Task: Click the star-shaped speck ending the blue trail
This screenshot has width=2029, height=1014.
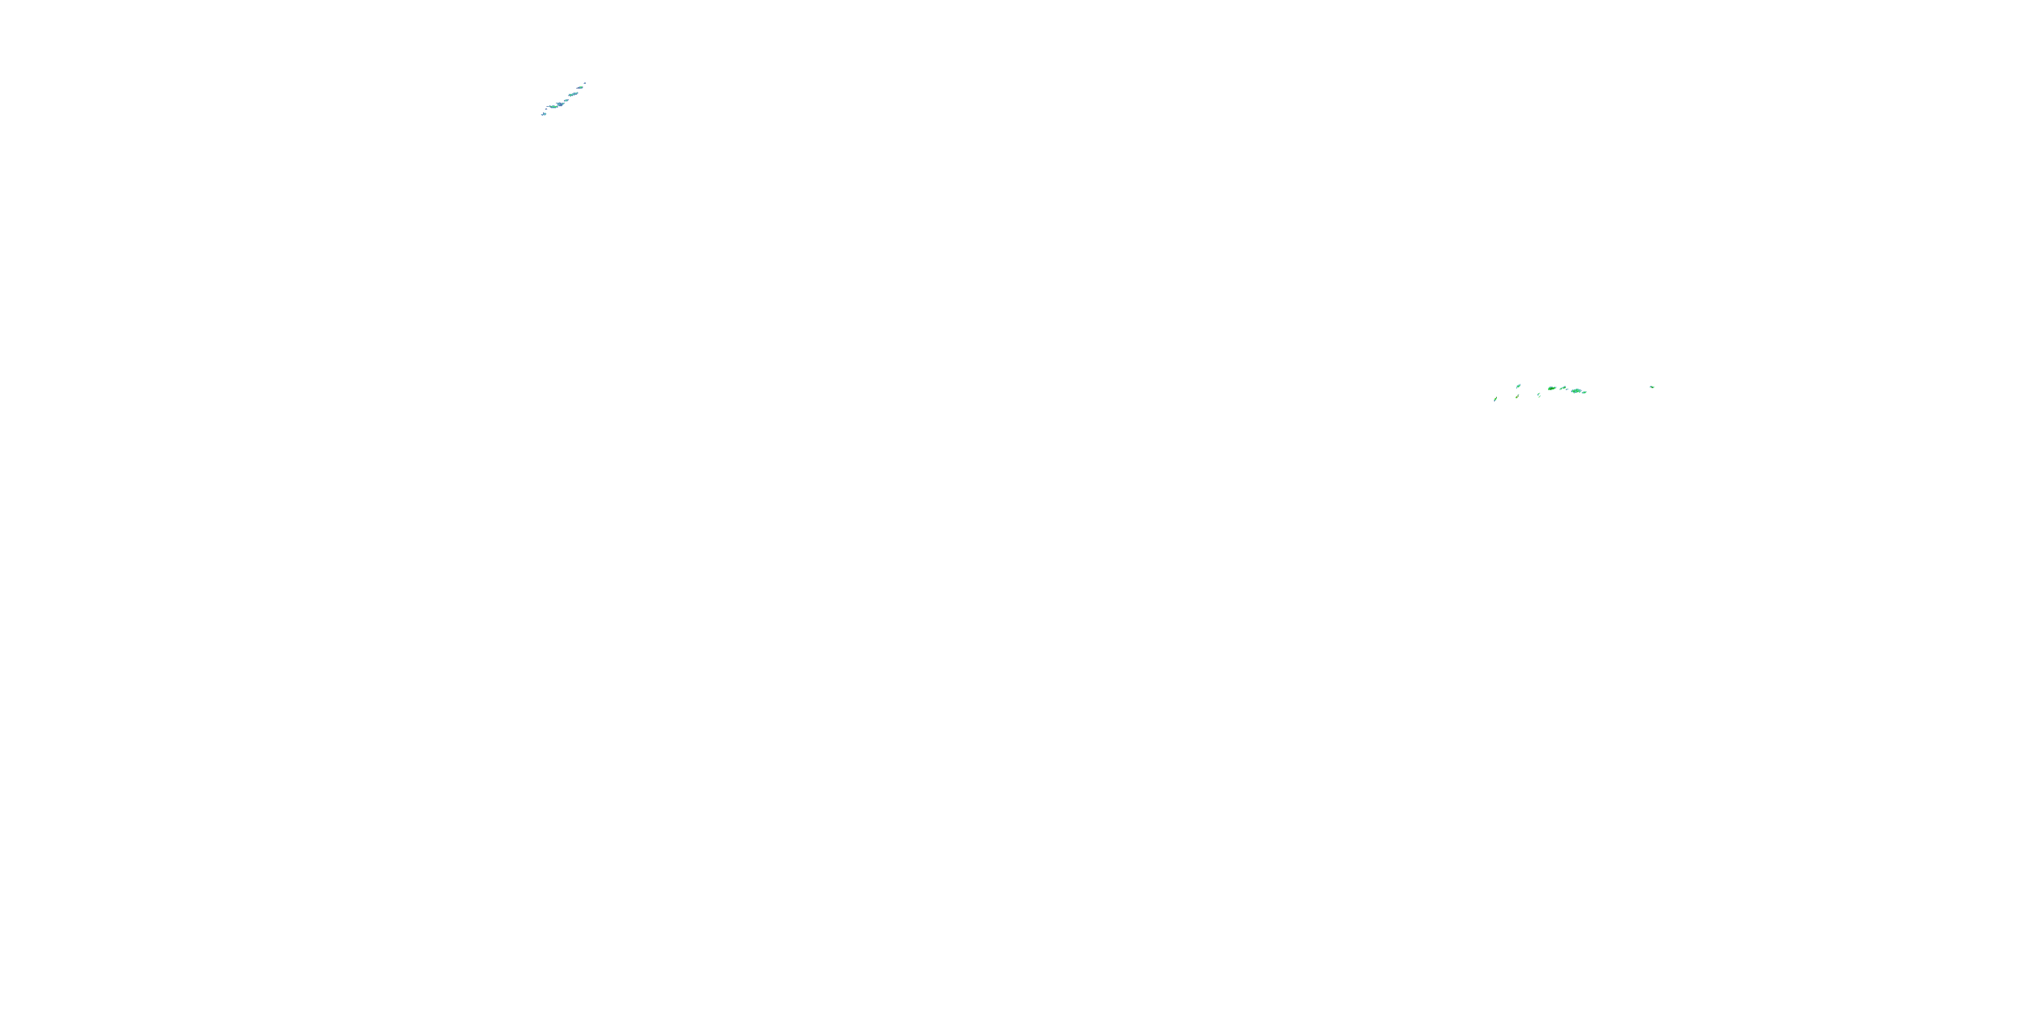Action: click(x=544, y=114)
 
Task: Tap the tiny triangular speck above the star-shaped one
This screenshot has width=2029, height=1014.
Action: click(x=546, y=110)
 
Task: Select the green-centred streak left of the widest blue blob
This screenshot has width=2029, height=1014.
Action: click(x=555, y=107)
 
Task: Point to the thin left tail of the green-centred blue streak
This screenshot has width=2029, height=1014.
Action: click(x=549, y=107)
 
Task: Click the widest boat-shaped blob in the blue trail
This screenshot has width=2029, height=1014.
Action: click(x=560, y=105)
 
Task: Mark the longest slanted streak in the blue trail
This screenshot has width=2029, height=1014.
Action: click(x=574, y=95)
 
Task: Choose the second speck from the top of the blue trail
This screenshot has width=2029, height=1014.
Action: click(x=580, y=88)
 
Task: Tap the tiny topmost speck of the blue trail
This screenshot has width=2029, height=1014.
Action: click(x=585, y=83)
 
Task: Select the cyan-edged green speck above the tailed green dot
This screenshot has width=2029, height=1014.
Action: click(x=1518, y=387)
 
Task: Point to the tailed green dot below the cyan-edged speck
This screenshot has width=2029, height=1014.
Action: click(x=1517, y=397)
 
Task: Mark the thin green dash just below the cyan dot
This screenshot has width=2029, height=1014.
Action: click(x=1540, y=397)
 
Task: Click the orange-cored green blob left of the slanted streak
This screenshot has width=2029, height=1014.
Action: click(x=1552, y=389)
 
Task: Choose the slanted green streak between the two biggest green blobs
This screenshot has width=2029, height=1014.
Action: click(x=1564, y=388)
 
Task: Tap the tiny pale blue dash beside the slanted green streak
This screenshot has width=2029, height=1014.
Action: click(x=1568, y=389)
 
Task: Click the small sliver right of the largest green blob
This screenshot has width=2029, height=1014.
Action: click(x=1585, y=393)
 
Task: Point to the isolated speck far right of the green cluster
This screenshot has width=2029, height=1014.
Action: click(x=1652, y=387)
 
